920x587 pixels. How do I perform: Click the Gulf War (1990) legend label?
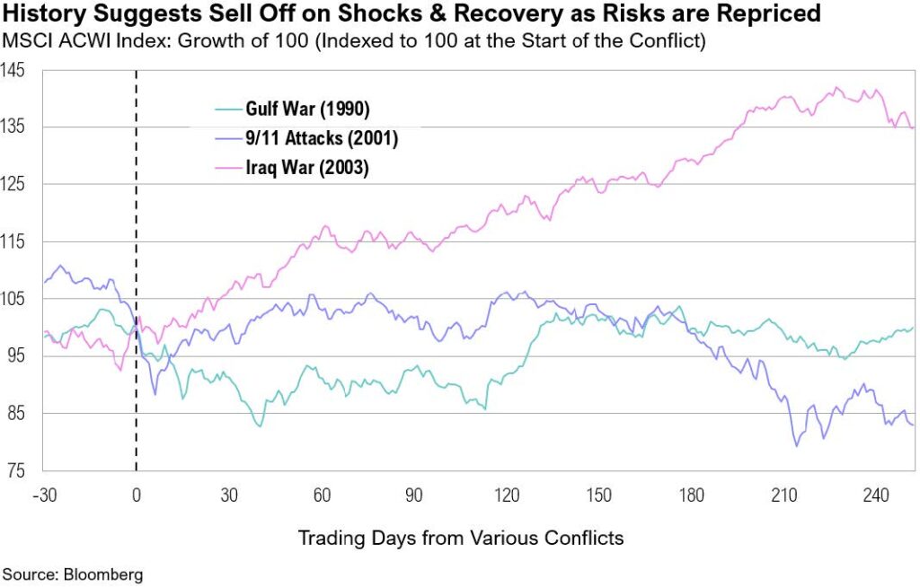307,109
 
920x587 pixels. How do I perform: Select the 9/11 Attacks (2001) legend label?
322,138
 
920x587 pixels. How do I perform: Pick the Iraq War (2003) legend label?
307,168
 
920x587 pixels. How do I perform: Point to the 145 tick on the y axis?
13,70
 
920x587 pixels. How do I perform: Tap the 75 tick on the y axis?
16,471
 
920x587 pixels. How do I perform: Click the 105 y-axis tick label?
13,299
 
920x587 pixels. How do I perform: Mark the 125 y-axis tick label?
13,185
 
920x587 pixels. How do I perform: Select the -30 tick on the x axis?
45,495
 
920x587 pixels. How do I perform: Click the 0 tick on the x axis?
137,495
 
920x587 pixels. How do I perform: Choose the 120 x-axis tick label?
507,495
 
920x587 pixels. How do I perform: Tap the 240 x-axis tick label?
876,495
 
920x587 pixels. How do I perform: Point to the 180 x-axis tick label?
691,495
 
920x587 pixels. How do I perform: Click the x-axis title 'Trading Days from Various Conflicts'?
461,537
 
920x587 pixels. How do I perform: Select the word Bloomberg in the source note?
103,574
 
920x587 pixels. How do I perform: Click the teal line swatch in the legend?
227,110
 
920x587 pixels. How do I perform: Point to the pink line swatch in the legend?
227,168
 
